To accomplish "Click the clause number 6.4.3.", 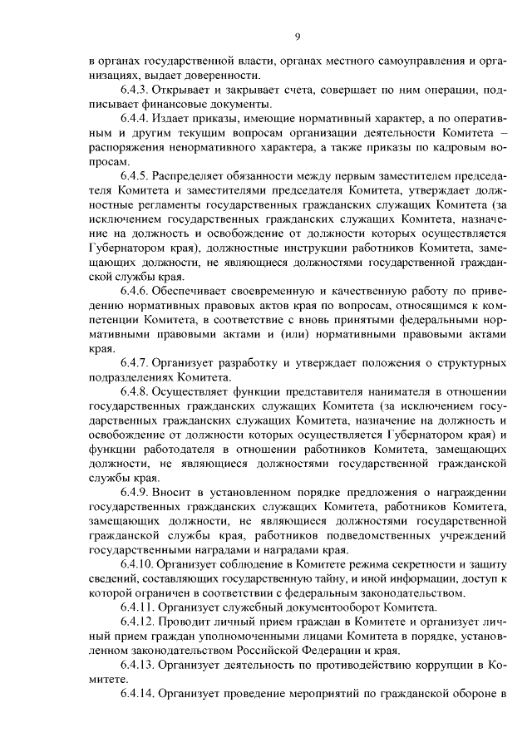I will (x=136, y=90).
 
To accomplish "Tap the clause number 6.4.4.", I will (x=136, y=119).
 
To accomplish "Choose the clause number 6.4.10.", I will (x=139, y=563).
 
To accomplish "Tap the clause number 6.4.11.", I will (x=139, y=606).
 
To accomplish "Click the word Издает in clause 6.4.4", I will (x=174, y=119).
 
